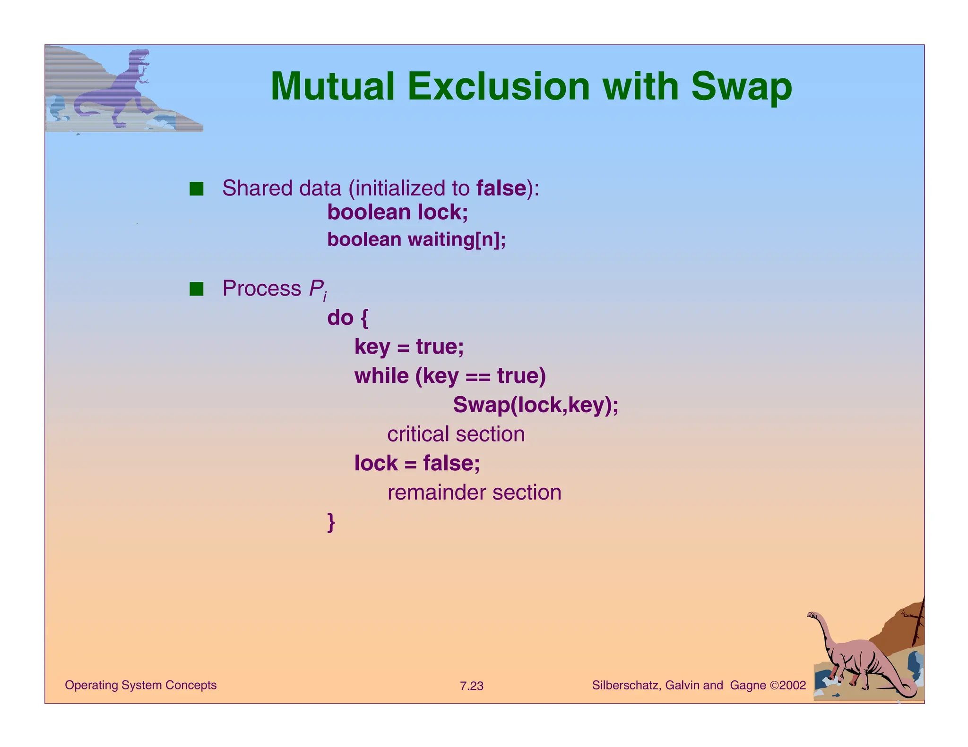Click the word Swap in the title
(x=741, y=87)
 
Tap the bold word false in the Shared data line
(x=501, y=188)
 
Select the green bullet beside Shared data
(x=196, y=189)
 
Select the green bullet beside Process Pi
(x=196, y=289)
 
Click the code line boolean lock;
(x=398, y=212)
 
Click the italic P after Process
(x=316, y=289)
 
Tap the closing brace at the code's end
(x=331, y=522)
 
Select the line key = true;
(x=409, y=347)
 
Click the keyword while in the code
(x=381, y=376)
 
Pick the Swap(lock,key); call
(x=536, y=405)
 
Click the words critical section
(x=456, y=434)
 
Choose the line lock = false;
(x=417, y=463)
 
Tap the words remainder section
(x=474, y=492)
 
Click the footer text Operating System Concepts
(x=140, y=685)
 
